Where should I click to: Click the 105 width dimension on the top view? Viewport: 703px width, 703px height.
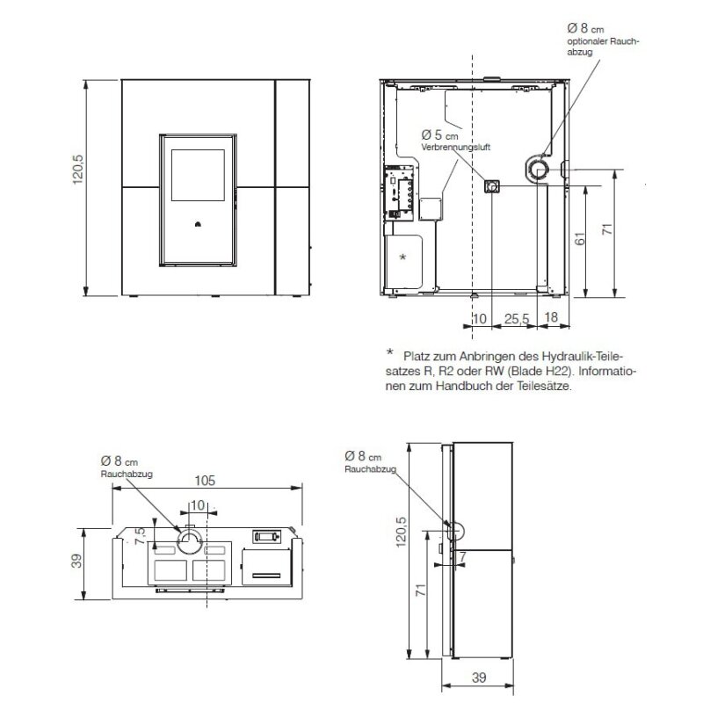pos(204,481)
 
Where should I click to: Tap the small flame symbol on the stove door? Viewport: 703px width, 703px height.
pos(198,223)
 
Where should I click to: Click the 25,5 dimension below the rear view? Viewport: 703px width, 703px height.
pos(515,317)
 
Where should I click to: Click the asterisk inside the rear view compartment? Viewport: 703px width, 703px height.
pos(402,257)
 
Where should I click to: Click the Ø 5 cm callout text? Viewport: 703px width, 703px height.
pos(439,134)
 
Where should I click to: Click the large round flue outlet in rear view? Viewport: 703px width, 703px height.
pos(538,168)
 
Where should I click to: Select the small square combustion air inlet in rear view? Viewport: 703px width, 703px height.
pos(493,186)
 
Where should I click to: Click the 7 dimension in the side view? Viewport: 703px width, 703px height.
pos(460,557)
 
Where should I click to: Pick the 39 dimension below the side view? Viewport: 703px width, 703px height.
pos(479,678)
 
